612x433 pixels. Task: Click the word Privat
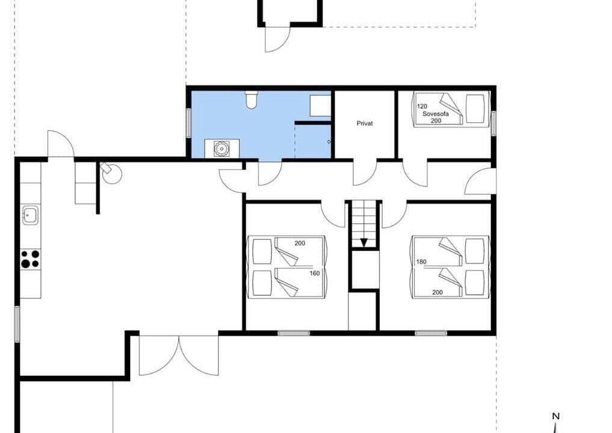point(365,123)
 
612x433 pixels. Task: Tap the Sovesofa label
point(436,114)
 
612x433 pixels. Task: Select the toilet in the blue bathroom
point(251,100)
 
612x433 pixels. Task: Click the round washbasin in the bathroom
point(221,149)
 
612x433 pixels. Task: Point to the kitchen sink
point(30,215)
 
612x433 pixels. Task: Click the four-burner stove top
point(30,259)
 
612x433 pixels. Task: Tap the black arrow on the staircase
point(363,242)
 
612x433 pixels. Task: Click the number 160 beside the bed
point(315,274)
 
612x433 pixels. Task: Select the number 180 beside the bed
point(421,262)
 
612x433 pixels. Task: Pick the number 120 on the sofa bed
point(422,106)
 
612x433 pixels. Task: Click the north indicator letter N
point(556,416)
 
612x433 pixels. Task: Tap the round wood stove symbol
point(113,174)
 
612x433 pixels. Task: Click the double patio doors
point(179,355)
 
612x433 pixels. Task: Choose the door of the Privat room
point(365,173)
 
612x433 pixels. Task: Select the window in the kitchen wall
point(17,324)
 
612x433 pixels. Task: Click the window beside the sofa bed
point(493,123)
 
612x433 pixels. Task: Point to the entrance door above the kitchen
point(61,144)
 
